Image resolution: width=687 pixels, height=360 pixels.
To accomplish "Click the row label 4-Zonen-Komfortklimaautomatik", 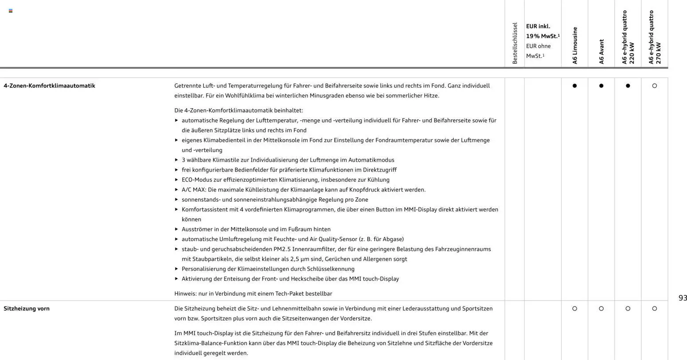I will click(49, 86).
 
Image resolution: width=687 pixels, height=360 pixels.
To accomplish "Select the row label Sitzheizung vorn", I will click(27, 309).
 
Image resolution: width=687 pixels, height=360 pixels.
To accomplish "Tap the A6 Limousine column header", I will click(575, 46).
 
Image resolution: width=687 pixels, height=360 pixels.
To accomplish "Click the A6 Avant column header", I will click(601, 52).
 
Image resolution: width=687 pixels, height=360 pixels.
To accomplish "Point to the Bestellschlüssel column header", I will click(515, 43).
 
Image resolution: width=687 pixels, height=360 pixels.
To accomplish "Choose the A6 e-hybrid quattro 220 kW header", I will click(628, 37).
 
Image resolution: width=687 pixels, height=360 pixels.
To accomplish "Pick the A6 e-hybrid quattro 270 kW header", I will click(655, 37).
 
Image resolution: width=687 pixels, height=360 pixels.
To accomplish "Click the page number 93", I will click(683, 298).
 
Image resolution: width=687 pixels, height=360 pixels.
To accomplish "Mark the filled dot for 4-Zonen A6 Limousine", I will click(575, 86).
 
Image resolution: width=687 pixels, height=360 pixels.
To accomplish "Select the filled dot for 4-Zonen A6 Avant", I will click(601, 86).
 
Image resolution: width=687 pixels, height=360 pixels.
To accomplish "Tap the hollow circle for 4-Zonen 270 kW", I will click(655, 86).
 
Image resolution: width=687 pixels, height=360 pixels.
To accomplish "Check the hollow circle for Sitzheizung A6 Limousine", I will click(575, 309).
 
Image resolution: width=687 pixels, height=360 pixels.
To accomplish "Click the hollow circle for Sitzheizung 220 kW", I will click(628, 309).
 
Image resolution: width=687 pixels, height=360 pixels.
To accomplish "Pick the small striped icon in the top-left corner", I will click(11, 11).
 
